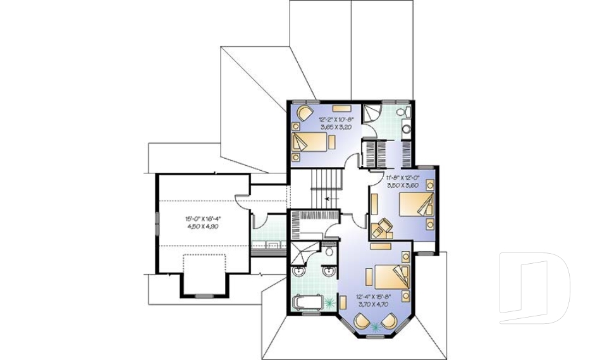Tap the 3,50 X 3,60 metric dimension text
pos(403,185)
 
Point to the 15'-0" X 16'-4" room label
pos(202,220)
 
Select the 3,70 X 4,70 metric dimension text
pos(374,304)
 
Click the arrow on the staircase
pos(328,198)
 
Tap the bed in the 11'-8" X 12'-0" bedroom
pos(415,206)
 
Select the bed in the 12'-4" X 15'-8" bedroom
pos(389,276)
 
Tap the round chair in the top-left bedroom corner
pos(304,114)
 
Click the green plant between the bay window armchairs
pos(377,326)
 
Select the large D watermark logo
pos(534,289)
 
